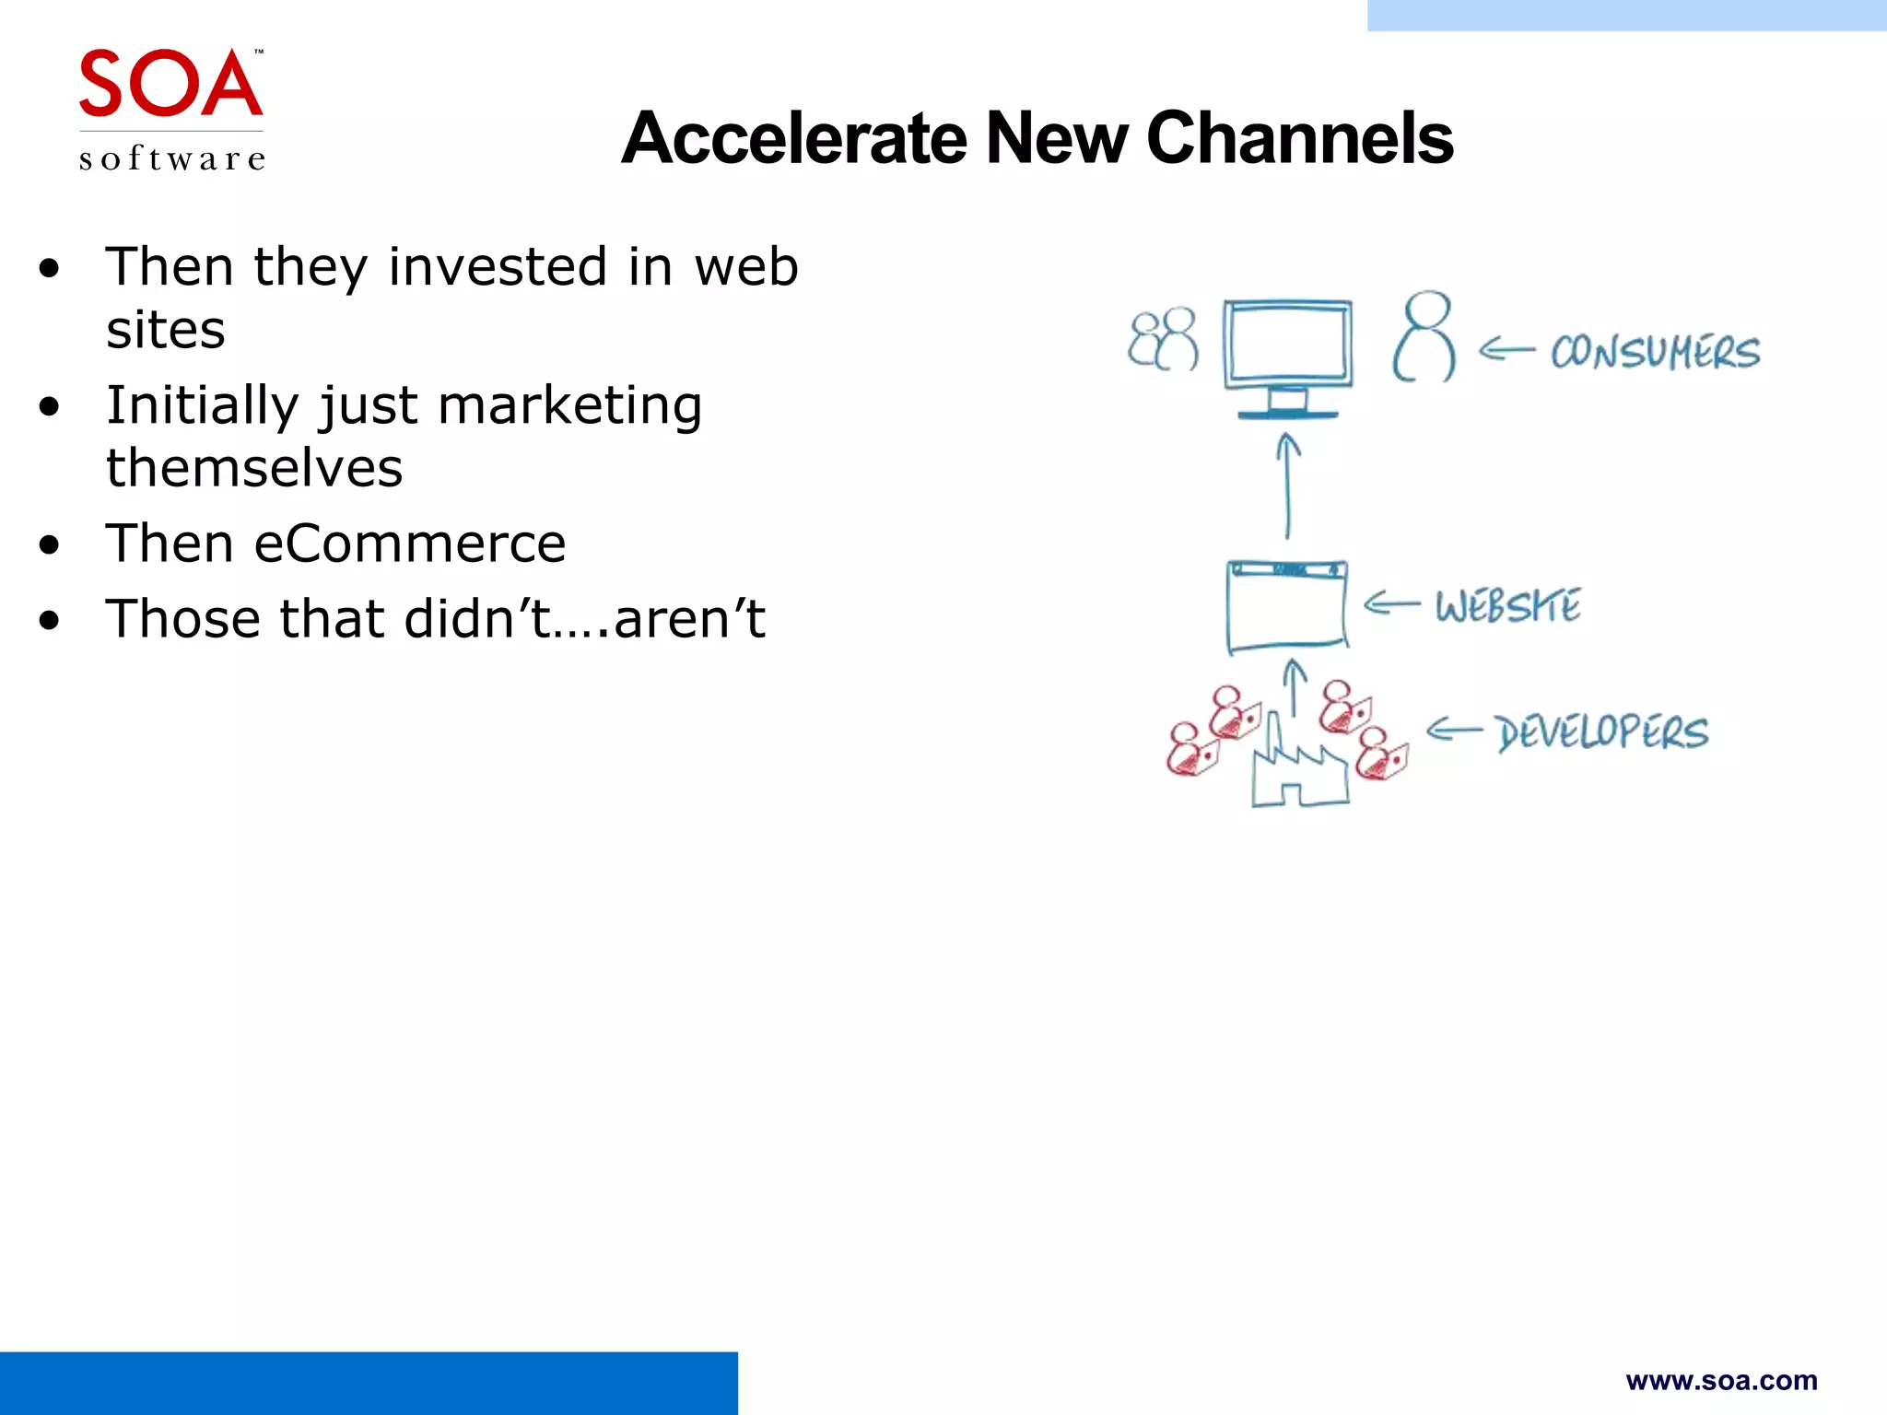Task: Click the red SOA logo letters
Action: (170, 84)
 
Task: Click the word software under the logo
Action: (172, 158)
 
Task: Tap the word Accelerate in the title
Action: (794, 138)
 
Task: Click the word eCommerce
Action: (409, 544)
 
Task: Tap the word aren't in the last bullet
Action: (689, 618)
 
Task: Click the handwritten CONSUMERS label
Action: (1655, 352)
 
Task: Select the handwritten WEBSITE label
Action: (1508, 606)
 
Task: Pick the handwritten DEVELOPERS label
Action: (1602, 732)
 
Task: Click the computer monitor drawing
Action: (1287, 355)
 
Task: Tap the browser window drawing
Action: (1287, 605)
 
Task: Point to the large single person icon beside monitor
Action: (1424, 337)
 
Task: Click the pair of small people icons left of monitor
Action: (1163, 339)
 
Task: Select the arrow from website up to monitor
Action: (1287, 486)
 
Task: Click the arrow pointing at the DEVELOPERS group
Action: (1454, 731)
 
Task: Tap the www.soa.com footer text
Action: (1721, 1380)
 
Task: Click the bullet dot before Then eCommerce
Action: (50, 544)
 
